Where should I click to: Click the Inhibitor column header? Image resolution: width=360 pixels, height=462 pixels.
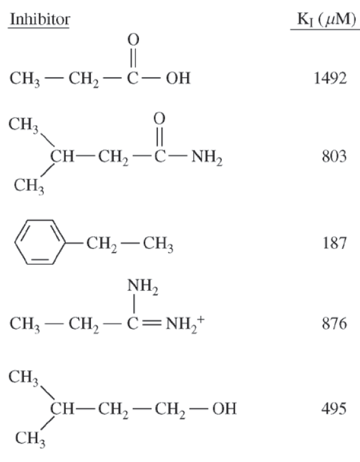40,20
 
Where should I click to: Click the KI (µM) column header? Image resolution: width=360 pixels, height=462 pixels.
327,20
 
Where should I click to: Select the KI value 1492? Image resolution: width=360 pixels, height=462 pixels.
330,78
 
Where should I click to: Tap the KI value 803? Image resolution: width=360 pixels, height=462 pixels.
334,156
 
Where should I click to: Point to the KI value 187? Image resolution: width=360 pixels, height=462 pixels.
334,243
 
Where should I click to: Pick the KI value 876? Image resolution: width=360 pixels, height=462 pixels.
334,324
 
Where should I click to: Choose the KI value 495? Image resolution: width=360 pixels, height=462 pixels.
334,409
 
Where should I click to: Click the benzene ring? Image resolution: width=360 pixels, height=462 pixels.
40,242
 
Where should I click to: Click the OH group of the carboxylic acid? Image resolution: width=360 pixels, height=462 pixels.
178,78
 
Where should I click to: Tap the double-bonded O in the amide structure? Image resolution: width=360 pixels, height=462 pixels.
159,118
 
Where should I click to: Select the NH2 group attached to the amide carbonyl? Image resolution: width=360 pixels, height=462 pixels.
207,157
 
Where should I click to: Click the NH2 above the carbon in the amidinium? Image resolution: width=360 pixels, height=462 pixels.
143,286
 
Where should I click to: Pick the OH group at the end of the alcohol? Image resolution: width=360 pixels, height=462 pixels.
224,409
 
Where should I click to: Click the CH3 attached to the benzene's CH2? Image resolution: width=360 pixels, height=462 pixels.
158,244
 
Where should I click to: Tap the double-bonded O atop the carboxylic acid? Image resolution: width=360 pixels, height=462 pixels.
133,40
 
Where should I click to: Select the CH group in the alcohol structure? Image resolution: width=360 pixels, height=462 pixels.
62,409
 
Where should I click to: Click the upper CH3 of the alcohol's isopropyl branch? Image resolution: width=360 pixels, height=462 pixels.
23,378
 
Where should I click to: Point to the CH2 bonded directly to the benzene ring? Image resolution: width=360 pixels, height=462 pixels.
102,244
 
